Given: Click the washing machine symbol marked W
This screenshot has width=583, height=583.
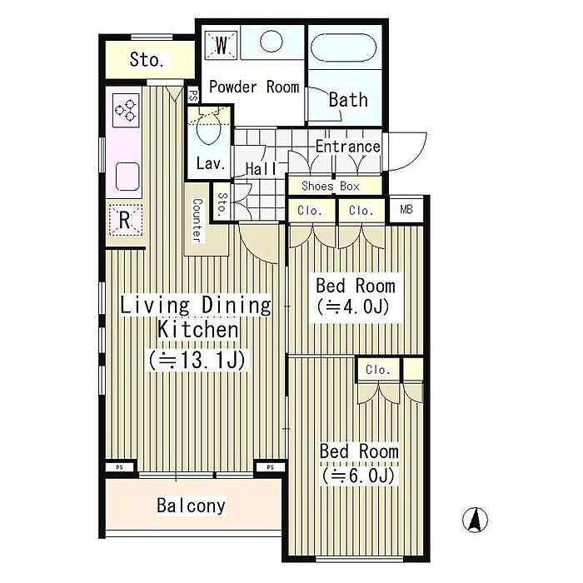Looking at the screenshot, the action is click(x=222, y=45).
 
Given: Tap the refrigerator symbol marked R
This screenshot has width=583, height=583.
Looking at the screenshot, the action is click(x=125, y=220).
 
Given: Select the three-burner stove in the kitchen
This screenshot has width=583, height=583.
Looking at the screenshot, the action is click(x=126, y=110).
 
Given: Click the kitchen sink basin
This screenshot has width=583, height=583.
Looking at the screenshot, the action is click(x=127, y=177).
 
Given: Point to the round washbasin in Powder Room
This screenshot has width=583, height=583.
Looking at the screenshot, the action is click(x=271, y=41).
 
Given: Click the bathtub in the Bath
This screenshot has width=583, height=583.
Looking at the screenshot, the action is click(x=343, y=47).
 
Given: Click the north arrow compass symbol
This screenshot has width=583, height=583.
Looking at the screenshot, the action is click(x=475, y=520).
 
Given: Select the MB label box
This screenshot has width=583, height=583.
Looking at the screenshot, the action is click(x=406, y=210).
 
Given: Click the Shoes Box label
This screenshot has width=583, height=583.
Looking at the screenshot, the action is click(x=331, y=186).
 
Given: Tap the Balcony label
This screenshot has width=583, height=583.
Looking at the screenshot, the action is click(x=191, y=506).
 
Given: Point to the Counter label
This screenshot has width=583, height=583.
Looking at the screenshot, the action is click(x=197, y=220).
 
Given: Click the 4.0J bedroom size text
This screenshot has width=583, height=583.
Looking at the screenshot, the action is click(x=353, y=307).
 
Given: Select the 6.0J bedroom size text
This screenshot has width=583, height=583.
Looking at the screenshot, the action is click(x=358, y=476).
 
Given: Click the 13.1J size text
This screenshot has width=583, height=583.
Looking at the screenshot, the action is click(x=197, y=360).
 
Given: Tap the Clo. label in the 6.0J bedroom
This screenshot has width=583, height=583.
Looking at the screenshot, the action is click(x=378, y=370).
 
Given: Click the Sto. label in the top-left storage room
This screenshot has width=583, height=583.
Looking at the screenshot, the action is click(x=147, y=59).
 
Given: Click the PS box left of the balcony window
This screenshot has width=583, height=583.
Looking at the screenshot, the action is click(x=119, y=467).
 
